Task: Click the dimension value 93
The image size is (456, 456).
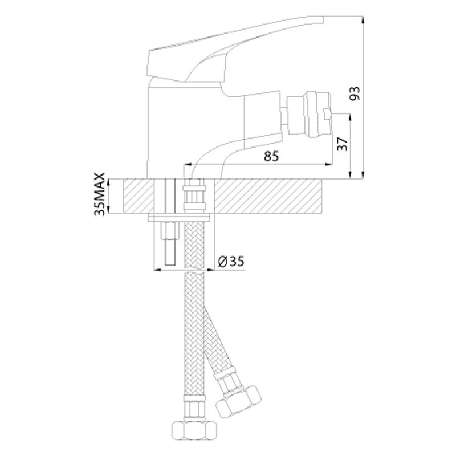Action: tap(355, 93)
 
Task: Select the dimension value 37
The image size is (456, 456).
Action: tap(343, 144)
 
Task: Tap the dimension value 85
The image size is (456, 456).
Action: tap(271, 156)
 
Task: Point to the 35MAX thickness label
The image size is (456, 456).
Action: tap(99, 194)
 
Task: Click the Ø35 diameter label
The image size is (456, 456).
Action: tap(231, 262)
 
